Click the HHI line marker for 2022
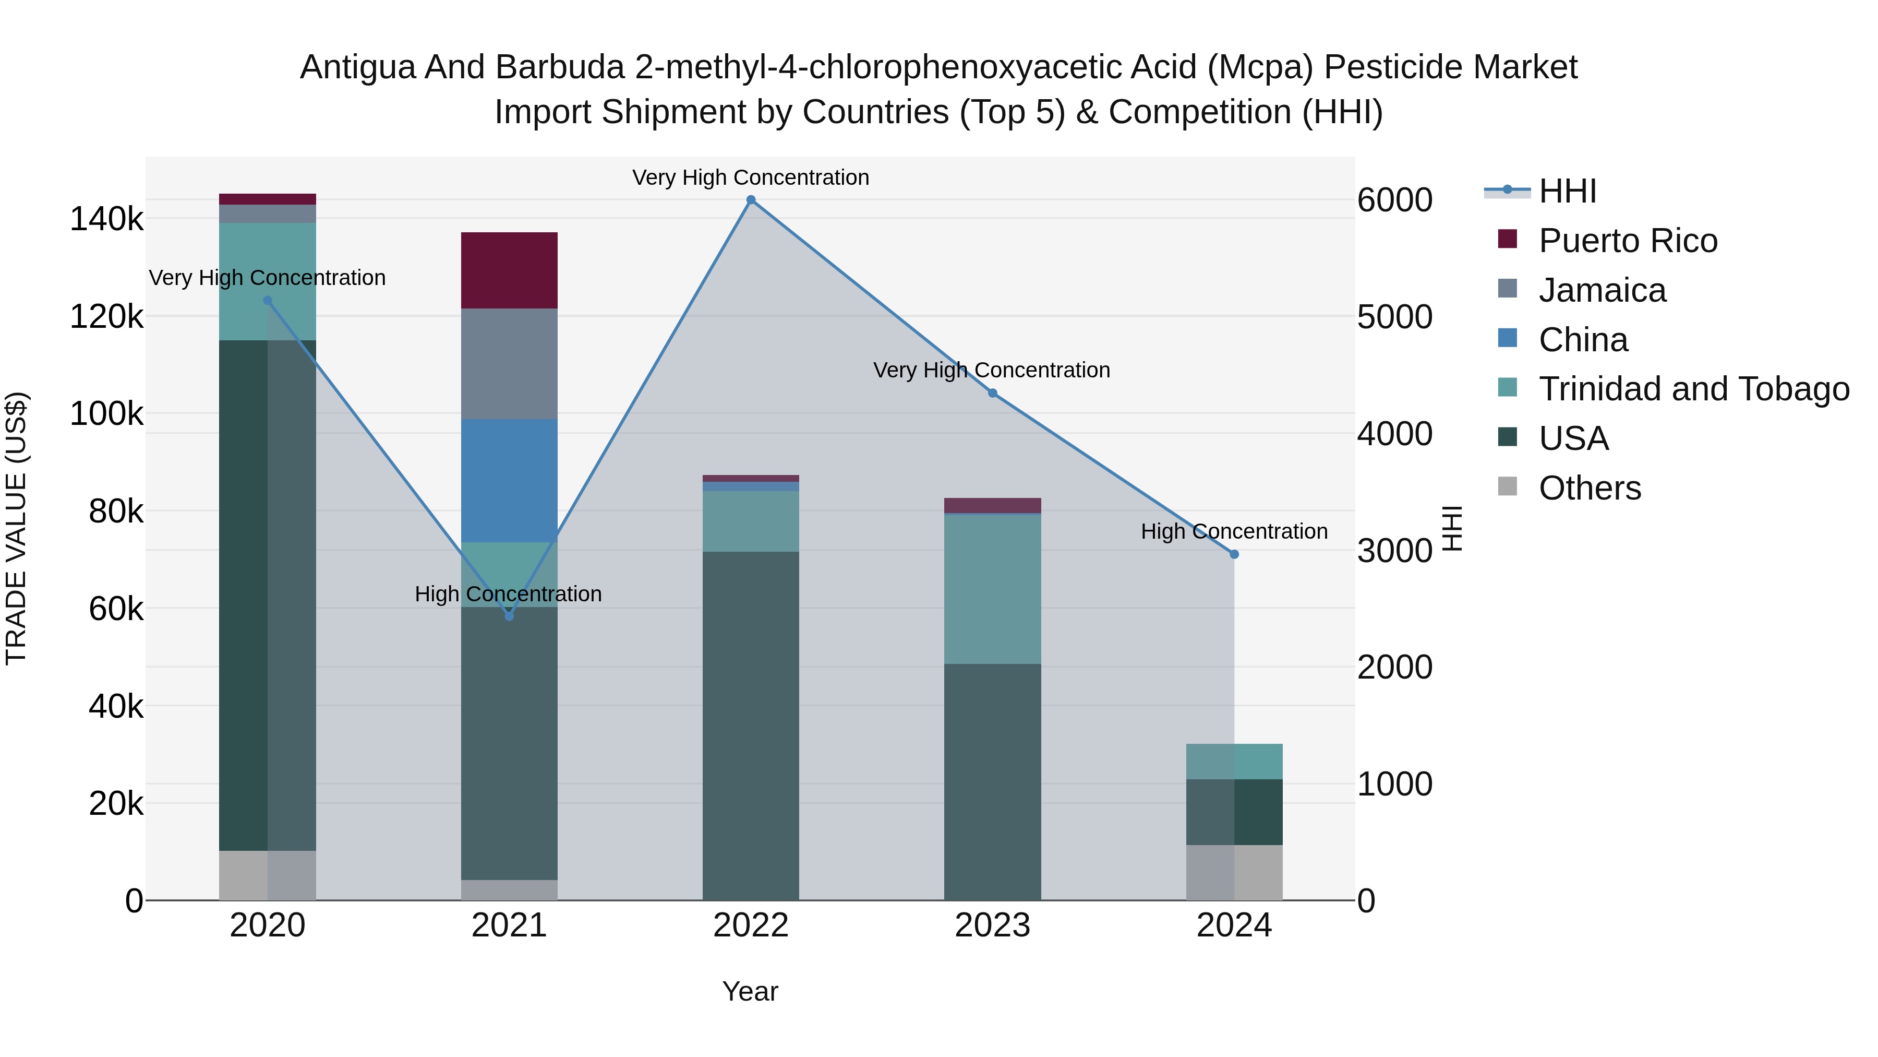click(x=751, y=200)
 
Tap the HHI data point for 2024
click(x=1234, y=554)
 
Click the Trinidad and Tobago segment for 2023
click(x=992, y=589)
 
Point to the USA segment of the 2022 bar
click(x=751, y=726)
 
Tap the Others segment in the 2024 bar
click(x=1234, y=872)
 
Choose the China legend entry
click(x=1583, y=340)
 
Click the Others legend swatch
click(x=1507, y=486)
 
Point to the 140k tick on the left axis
click(x=106, y=219)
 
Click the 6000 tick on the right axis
click(x=1394, y=200)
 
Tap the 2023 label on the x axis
click(x=992, y=925)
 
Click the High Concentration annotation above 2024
click(x=1234, y=532)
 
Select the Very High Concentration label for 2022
click(x=751, y=178)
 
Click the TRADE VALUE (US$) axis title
click(x=16, y=528)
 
